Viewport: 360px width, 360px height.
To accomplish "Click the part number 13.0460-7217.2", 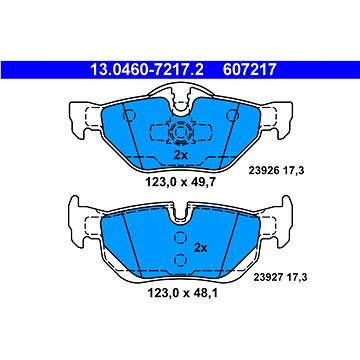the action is [147, 70].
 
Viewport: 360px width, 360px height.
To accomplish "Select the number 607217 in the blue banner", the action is [250, 70].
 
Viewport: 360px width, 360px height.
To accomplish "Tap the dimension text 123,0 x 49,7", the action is [181, 182].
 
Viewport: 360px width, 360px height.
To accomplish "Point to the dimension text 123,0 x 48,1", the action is [181, 294].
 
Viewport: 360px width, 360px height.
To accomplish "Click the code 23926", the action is [263, 171].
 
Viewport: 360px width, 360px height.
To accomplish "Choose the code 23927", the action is [268, 277].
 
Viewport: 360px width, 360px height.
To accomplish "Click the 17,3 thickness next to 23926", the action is [293, 171].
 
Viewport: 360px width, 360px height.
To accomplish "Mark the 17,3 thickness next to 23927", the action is [295, 277].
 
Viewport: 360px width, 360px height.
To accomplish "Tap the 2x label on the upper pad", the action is [181, 155].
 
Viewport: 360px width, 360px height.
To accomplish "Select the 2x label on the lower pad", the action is [200, 248].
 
